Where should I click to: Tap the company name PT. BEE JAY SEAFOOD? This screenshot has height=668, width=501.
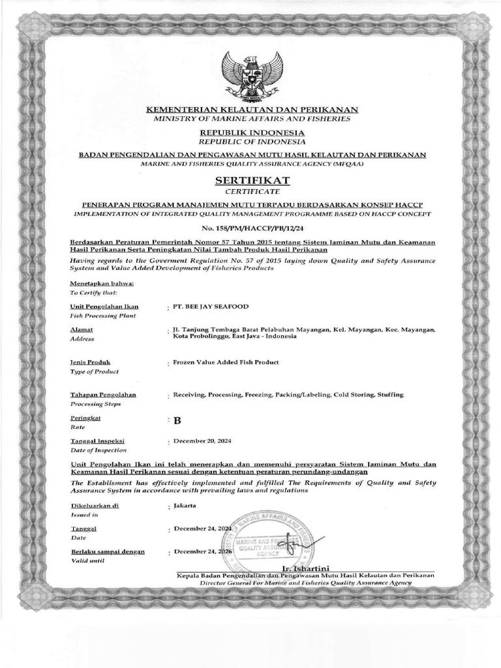click(x=210, y=306)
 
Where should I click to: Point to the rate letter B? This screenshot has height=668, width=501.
click(x=176, y=420)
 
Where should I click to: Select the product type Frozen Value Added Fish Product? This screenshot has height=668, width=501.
click(x=226, y=361)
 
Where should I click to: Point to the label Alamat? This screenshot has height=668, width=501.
click(x=81, y=331)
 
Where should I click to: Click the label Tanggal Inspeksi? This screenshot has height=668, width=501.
click(x=97, y=442)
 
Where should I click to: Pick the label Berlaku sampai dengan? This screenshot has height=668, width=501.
click(x=108, y=551)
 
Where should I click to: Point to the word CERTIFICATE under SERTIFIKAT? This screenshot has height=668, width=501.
click(x=251, y=191)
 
